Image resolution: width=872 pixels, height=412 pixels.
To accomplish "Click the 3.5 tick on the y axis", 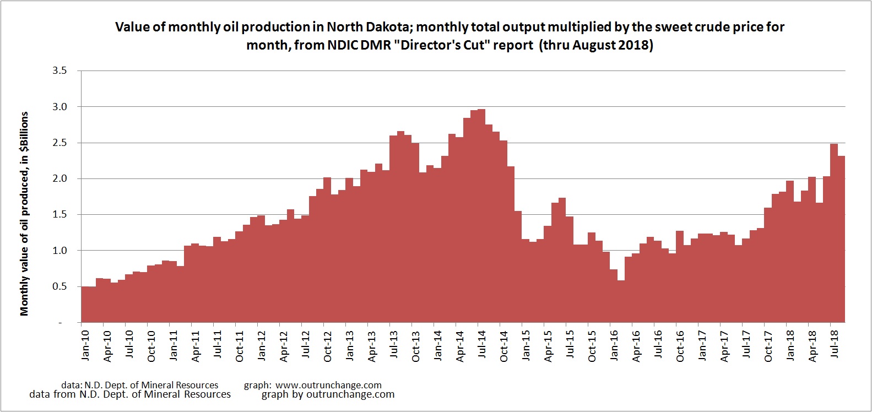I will coord(59,71).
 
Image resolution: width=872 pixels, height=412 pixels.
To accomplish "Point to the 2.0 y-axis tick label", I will coord(59,178).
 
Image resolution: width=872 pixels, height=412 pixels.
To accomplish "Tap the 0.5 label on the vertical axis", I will coord(59,286).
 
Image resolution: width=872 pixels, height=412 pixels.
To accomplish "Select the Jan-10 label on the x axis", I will coord(85,345).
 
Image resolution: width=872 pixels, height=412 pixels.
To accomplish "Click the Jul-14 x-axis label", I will coord(482,345).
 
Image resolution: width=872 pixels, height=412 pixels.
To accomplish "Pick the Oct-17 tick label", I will coord(768,346).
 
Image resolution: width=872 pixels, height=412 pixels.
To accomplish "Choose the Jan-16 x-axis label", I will coord(614,345).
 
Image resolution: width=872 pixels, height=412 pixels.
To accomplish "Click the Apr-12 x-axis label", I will coord(284,346).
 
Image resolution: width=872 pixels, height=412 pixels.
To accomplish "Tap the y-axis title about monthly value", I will coord(24,214).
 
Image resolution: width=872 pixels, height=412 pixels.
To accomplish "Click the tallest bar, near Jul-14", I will coord(481,215).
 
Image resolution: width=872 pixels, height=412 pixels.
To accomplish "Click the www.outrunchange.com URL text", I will coord(328,385).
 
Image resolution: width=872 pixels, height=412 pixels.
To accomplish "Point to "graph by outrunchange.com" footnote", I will coord(328,394).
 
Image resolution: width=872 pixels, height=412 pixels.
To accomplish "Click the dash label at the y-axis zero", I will coord(61,323).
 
